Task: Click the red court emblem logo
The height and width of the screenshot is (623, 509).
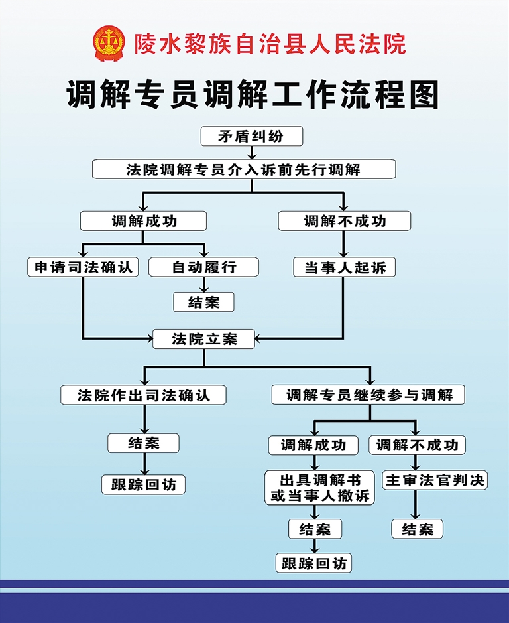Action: click(x=108, y=42)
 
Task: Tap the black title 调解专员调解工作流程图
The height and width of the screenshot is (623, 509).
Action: click(x=254, y=96)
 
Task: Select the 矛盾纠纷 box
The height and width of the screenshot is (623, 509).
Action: click(x=251, y=136)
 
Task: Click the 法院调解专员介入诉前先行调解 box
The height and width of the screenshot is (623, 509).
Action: click(x=244, y=169)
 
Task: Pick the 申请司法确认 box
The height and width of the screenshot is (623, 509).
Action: click(x=84, y=267)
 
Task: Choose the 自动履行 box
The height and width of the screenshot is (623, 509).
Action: click(x=203, y=267)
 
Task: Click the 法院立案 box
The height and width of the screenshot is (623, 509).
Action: click(x=204, y=339)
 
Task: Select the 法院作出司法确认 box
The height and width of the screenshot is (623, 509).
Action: click(x=144, y=395)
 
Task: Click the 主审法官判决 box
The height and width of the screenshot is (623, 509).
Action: click(x=435, y=480)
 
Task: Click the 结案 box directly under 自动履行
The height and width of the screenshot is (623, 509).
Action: click(x=204, y=302)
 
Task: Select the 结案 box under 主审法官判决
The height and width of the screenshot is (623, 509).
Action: click(x=417, y=529)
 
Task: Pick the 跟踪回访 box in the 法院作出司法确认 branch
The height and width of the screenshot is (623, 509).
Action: click(x=143, y=484)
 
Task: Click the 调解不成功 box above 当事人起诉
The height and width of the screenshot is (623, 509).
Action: click(x=345, y=221)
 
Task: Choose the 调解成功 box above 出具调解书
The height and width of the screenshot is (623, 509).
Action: click(x=313, y=445)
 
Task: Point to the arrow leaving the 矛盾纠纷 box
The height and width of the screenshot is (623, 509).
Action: click(x=251, y=153)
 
